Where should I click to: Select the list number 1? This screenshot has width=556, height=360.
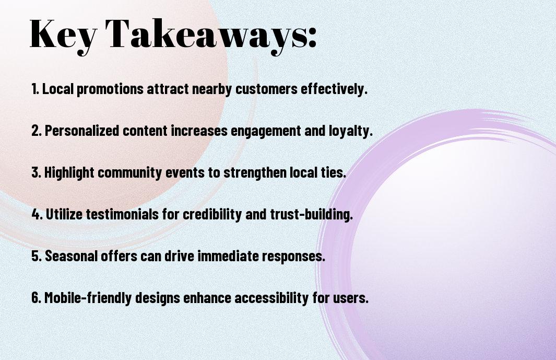[x=35, y=89]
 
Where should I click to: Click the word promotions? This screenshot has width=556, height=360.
[x=110, y=89]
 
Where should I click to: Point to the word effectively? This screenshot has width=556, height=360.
[x=334, y=89]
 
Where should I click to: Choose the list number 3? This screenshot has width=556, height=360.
[x=36, y=172]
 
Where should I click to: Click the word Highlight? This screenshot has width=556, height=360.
[x=69, y=173]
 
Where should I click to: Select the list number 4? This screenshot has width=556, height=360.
[x=37, y=214]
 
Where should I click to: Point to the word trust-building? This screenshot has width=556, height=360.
[x=311, y=214]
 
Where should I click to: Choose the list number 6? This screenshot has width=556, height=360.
[x=36, y=297]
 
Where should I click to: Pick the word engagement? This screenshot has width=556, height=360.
[x=266, y=131]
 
